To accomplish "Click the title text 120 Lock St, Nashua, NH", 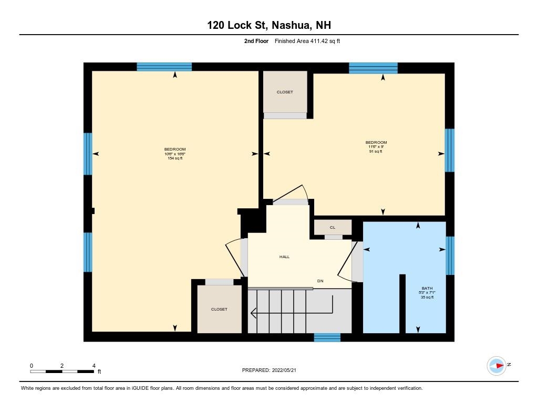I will coord(268,25).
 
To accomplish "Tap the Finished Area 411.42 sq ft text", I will coord(307,41).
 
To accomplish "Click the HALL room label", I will coord(284,257).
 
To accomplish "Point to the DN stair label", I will coord(320,281).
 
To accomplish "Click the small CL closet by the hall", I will coord(333,228).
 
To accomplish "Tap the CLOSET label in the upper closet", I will coord(285,92).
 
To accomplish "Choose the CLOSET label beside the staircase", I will coord(219,310).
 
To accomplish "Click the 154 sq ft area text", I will coord(174,158).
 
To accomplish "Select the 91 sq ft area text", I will coord(376,152).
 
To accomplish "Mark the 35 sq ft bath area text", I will coord(426,297).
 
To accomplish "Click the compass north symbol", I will coord(496,365).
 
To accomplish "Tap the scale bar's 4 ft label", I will coord(94,366).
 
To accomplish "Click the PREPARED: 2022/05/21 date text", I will coord(272,370).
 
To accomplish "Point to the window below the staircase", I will coord(327,337).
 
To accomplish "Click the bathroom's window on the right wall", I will coord(450,256).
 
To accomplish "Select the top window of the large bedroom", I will coord(164,67).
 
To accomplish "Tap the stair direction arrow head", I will coord(253,314).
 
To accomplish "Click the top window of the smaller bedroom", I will coord(373,68).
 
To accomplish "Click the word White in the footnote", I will coord(28,388).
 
